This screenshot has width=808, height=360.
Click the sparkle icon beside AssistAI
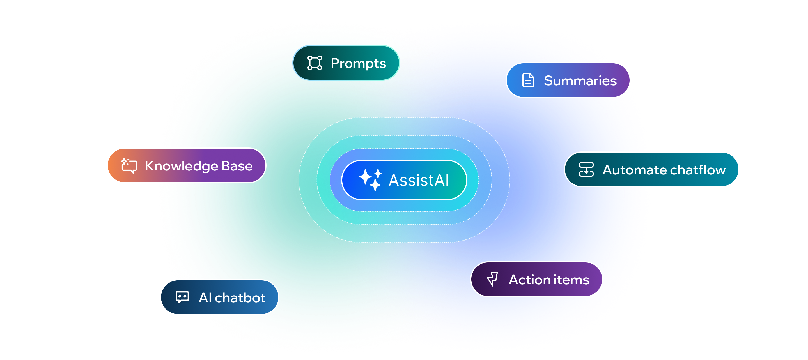click(x=370, y=180)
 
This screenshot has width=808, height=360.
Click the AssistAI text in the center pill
click(x=419, y=180)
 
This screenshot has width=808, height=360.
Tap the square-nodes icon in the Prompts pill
click(x=315, y=63)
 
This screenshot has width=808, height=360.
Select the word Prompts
click(x=358, y=64)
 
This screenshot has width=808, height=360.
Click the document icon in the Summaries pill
click(x=528, y=80)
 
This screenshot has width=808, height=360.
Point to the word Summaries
click(x=580, y=80)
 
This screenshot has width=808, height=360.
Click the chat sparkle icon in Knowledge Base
click(x=129, y=165)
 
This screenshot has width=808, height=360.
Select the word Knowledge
click(x=181, y=166)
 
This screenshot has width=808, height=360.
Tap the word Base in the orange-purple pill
click(x=237, y=166)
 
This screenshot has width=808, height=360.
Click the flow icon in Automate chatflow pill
click(x=586, y=169)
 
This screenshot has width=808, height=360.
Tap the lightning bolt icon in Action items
click(x=492, y=279)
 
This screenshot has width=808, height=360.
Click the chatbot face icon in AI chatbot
click(x=182, y=297)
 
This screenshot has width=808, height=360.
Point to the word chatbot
click(x=240, y=297)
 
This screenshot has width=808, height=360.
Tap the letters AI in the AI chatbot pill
click(x=205, y=297)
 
